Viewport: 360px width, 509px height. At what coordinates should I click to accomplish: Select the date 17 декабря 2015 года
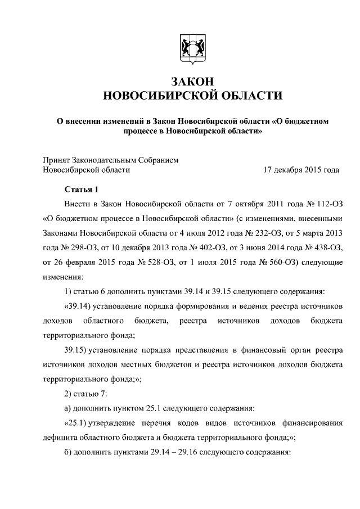[301, 169]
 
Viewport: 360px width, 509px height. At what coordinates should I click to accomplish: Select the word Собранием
[157, 159]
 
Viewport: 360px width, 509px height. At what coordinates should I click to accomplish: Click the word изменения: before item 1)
[63, 276]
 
